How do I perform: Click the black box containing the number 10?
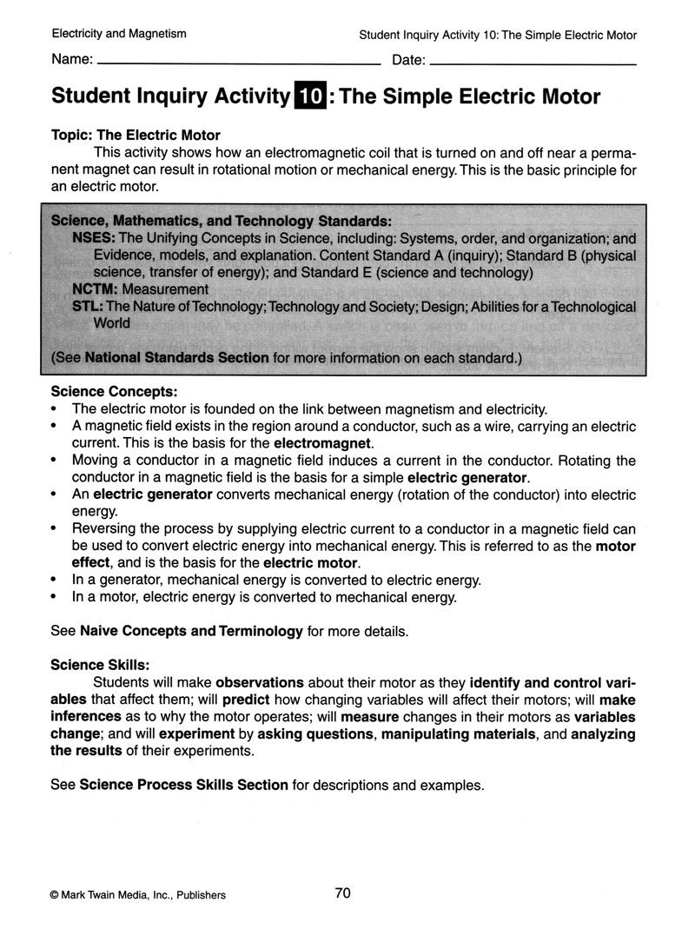tap(311, 96)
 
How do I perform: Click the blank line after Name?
tap(239, 64)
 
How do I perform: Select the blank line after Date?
tap(533, 64)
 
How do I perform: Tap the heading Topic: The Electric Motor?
tap(136, 136)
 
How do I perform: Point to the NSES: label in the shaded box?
tap(94, 238)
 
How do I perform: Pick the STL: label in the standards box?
tap(89, 306)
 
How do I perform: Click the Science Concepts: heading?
tap(115, 392)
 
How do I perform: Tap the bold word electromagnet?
tap(322, 442)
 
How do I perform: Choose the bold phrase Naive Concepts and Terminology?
tap(191, 630)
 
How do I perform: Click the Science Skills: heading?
tap(101, 665)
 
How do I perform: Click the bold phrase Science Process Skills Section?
tap(183, 785)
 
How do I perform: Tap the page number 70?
tap(342, 893)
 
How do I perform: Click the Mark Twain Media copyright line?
tap(138, 895)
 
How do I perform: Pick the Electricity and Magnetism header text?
tap(119, 35)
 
